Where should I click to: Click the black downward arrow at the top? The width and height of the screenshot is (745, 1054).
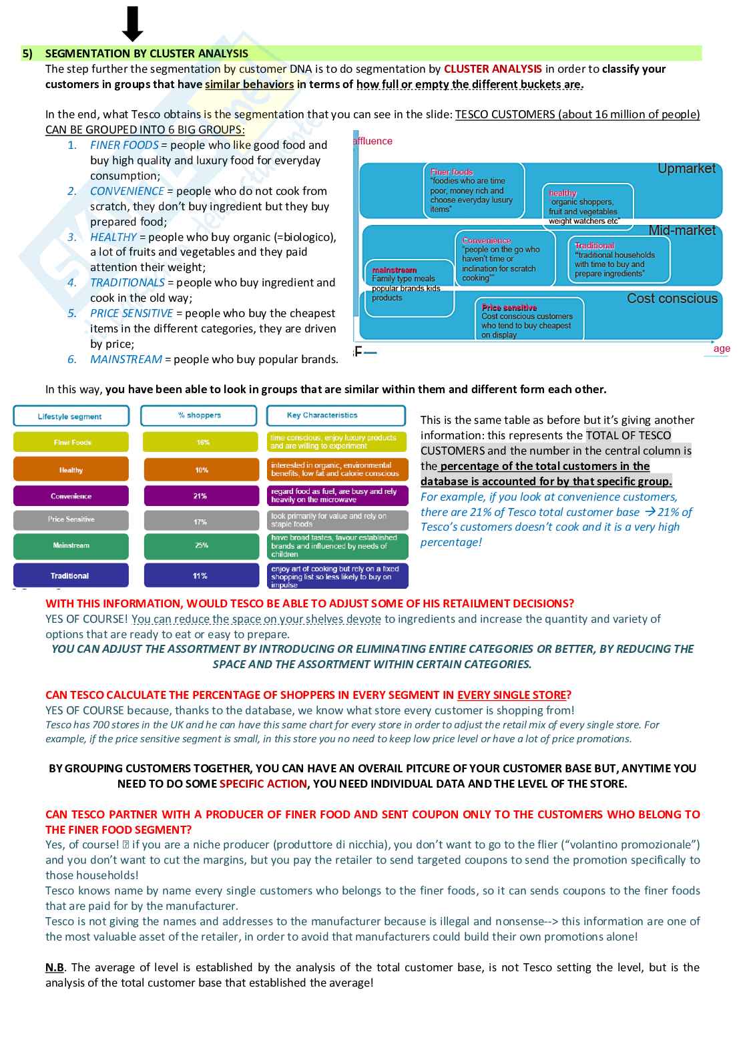133,23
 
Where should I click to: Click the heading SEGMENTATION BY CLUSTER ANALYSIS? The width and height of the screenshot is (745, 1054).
146,53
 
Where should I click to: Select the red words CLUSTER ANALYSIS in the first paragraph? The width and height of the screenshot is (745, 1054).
493,69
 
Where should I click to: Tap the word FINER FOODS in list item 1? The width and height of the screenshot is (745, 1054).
124,145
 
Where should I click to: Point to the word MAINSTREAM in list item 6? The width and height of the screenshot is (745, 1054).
126,359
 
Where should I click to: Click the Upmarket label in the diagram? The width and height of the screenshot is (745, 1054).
686,169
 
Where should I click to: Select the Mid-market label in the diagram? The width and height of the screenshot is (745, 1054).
682,230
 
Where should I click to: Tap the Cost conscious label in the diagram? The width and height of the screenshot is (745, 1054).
672,298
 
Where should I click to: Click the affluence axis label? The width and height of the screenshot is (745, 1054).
373,141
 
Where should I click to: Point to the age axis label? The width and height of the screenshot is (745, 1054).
721,348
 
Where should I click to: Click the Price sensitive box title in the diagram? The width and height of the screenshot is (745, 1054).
509,308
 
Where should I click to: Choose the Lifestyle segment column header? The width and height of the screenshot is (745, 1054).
70,416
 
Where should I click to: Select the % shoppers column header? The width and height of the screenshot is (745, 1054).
199,415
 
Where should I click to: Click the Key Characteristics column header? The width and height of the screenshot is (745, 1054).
322,415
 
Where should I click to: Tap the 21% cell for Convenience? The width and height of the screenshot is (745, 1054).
200,496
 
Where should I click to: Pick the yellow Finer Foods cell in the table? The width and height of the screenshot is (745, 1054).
71,442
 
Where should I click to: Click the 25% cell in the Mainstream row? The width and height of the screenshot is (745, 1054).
201,545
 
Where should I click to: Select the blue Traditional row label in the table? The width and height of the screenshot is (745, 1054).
70,575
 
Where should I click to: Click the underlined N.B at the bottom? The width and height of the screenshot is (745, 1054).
54,967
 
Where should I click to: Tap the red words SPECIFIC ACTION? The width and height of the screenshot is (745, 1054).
263,784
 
